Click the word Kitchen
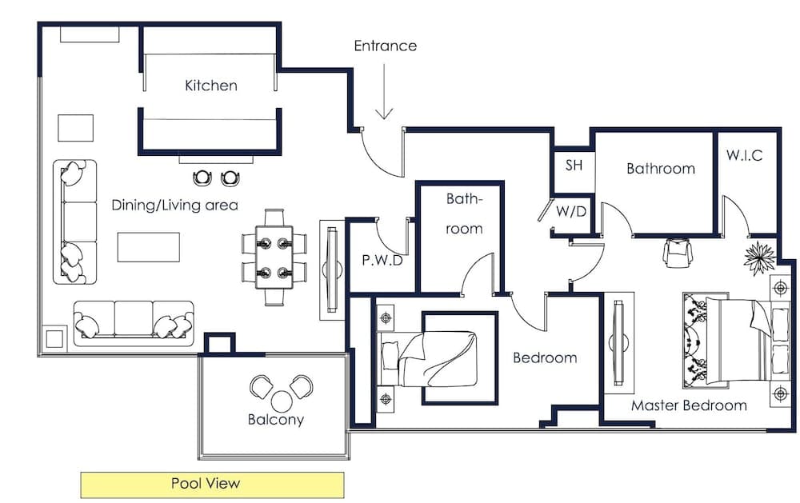pyautogui.click(x=211, y=86)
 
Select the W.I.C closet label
pyautogui.click(x=744, y=156)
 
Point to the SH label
pyautogui.click(x=574, y=166)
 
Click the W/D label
pyautogui.click(x=571, y=213)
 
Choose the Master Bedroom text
pyautogui.click(x=689, y=405)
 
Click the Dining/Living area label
pyautogui.click(x=174, y=206)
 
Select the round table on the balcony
pyautogui.click(x=282, y=401)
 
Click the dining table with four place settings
pyautogui.click(x=274, y=256)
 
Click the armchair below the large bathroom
pyautogui.click(x=676, y=253)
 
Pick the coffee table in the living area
pyautogui.click(x=148, y=246)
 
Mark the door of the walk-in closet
pyautogui.click(x=736, y=214)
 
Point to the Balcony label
pyautogui.click(x=275, y=420)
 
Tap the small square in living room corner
pyautogui.click(x=54, y=339)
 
